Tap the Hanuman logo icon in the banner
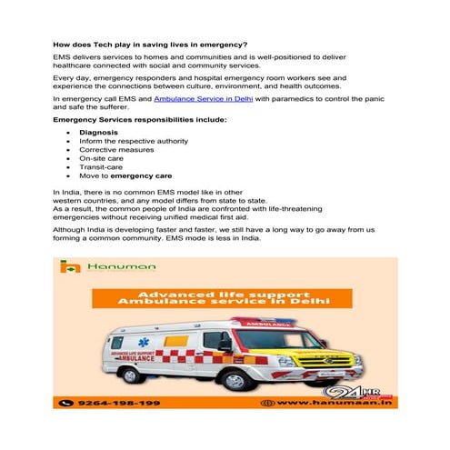tap(65, 267)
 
